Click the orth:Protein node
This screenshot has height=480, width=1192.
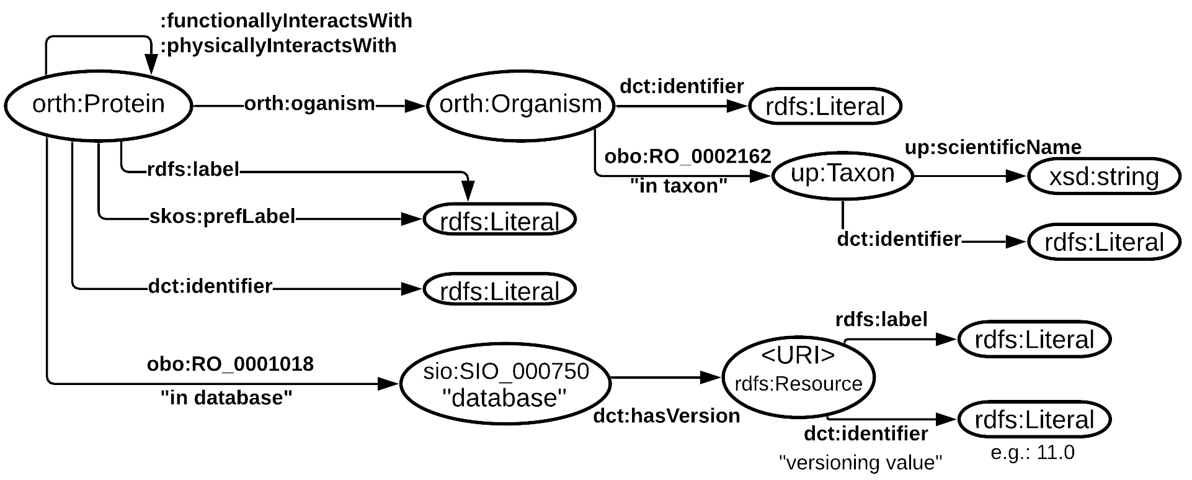98,105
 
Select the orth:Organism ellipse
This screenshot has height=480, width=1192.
520,105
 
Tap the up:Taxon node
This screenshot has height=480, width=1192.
842,174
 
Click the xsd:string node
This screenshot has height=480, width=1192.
1103,177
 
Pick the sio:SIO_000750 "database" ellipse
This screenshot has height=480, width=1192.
505,384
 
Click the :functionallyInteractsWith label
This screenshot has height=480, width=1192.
287,21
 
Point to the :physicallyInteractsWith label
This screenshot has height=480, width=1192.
279,46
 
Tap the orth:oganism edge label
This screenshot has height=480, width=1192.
309,104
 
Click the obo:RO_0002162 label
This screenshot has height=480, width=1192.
687,156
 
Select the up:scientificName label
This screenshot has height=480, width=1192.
993,148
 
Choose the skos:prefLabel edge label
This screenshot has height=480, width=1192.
222,217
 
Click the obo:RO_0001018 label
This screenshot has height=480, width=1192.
230,364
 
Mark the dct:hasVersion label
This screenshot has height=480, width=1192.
666,416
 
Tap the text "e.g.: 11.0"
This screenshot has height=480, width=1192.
1032,453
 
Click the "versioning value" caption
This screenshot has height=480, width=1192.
861,463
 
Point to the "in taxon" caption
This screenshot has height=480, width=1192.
678,186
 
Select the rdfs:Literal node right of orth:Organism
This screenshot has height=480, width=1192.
824,106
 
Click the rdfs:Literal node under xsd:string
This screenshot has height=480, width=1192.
1103,242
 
